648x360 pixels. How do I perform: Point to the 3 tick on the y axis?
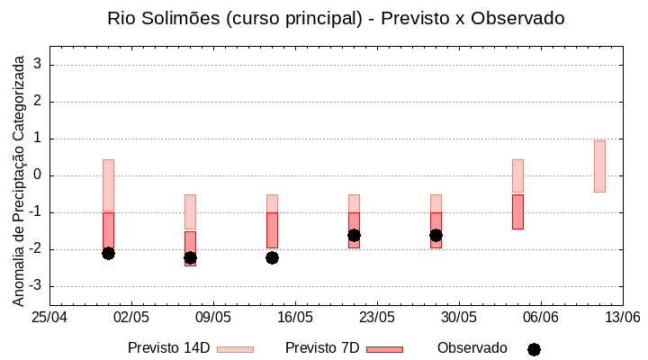(39, 65)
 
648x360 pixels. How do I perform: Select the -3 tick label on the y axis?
(36, 286)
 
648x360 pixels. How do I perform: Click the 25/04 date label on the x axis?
(49, 318)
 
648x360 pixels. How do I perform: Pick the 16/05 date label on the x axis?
(295, 318)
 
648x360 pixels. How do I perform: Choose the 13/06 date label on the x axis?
(622, 318)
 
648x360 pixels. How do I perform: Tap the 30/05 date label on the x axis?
(459, 318)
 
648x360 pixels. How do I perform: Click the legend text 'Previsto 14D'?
(168, 348)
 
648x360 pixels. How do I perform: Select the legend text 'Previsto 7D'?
(322, 348)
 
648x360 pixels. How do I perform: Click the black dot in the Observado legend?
(534, 349)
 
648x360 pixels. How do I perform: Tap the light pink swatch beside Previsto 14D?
(235, 349)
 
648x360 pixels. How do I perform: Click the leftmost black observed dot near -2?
(108, 253)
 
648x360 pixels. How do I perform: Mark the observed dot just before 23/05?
(354, 235)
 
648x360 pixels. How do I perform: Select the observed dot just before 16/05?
(272, 257)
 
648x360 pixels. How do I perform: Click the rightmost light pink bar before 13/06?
(599, 166)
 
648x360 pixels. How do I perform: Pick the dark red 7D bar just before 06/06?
(517, 211)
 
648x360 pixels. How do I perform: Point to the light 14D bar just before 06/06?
(517, 176)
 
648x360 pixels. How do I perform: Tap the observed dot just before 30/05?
(436, 235)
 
